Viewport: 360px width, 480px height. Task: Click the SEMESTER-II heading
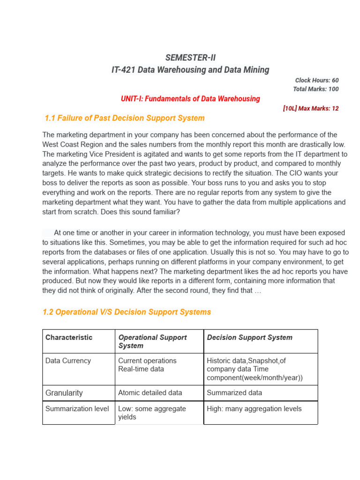pyautogui.click(x=190, y=58)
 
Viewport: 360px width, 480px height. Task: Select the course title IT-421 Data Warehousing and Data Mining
pyautogui.click(x=190, y=70)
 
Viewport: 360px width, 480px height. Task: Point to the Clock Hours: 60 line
pyautogui.click(x=317, y=80)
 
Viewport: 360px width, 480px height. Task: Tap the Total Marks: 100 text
pyautogui.click(x=315, y=89)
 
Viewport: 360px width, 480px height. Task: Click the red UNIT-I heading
pyautogui.click(x=190, y=99)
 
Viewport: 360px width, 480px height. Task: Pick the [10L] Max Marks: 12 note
pyautogui.click(x=311, y=108)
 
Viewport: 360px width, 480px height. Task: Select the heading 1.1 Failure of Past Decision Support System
pyautogui.click(x=124, y=118)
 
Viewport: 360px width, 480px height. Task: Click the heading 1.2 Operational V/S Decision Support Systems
pyautogui.click(x=127, y=312)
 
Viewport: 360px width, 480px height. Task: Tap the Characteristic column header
pyautogui.click(x=69, y=337)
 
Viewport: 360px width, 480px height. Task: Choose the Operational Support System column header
pyautogui.click(x=152, y=341)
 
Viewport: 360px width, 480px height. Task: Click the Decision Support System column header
pyautogui.click(x=249, y=337)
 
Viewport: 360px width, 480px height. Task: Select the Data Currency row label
pyautogui.click(x=68, y=361)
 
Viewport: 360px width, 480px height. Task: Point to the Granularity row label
pyautogui.click(x=64, y=393)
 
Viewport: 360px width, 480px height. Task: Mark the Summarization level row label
pyautogui.click(x=77, y=409)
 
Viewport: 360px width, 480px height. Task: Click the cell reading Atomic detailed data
pyautogui.click(x=150, y=393)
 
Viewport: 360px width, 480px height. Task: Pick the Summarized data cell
pyautogui.click(x=234, y=393)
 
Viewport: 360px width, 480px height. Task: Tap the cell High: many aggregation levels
pyautogui.click(x=254, y=409)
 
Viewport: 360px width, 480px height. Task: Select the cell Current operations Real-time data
pyautogui.click(x=147, y=365)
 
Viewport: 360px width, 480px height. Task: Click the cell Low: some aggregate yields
pyautogui.click(x=152, y=412)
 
